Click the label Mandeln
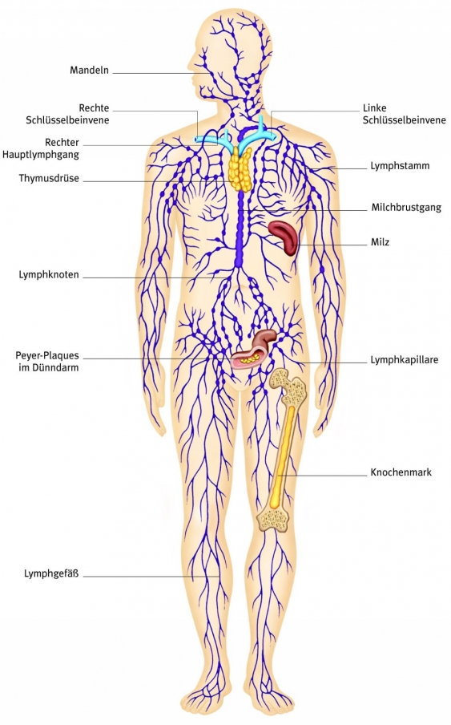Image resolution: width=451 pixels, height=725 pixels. coord(89,70)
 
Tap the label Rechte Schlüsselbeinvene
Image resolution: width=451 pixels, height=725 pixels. coord(94,114)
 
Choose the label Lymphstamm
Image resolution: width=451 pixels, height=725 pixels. coord(400,167)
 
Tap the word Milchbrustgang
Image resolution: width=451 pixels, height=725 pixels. coord(406,207)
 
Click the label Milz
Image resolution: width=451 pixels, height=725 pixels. coord(380,241)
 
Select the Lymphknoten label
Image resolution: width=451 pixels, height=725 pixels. coord(49,274)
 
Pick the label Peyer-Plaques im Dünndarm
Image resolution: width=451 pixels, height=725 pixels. coord(48,361)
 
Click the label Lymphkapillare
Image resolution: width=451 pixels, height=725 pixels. coord(404,360)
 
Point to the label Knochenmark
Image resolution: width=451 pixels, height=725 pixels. coord(401,472)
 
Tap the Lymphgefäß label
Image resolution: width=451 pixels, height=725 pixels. coord(51,573)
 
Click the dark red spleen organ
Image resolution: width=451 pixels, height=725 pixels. coord(284,236)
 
